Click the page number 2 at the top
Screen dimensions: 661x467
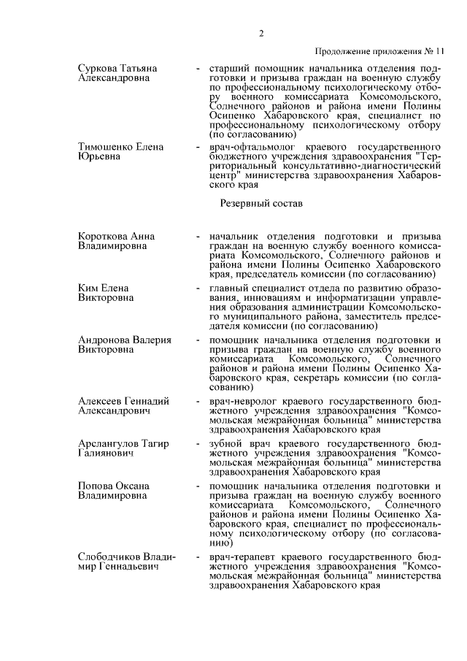coord(260,34)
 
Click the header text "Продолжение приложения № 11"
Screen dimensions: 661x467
coord(379,52)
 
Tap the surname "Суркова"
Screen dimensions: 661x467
coord(98,68)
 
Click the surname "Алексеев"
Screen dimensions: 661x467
coord(101,401)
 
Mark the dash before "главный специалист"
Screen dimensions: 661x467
coord(198,289)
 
